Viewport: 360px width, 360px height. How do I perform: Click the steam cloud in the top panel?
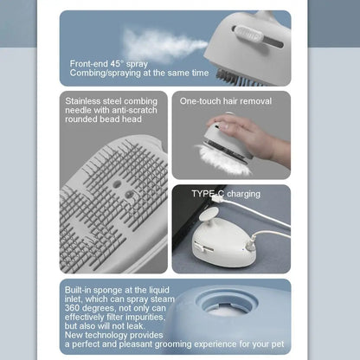pos(162,46)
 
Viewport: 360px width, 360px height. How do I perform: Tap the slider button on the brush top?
pos(248,35)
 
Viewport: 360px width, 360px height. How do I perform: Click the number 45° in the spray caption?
pos(117,64)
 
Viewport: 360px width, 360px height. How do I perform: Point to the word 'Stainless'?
pos(82,101)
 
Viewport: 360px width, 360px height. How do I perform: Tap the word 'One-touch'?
pos(196,101)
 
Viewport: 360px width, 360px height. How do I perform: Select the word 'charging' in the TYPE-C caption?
pos(244,194)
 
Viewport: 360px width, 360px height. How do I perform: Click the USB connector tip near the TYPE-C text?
pos(214,199)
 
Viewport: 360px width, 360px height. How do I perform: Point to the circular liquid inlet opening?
pos(227,303)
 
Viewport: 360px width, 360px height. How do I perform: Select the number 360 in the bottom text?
pos(72,308)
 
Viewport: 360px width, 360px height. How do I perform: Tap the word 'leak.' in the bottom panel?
pos(136,326)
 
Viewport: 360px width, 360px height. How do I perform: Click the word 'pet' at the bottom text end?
pos(278,344)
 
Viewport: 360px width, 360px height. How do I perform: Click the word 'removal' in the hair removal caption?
pos(256,101)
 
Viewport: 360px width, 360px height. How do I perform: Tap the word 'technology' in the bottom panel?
pos(106,335)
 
